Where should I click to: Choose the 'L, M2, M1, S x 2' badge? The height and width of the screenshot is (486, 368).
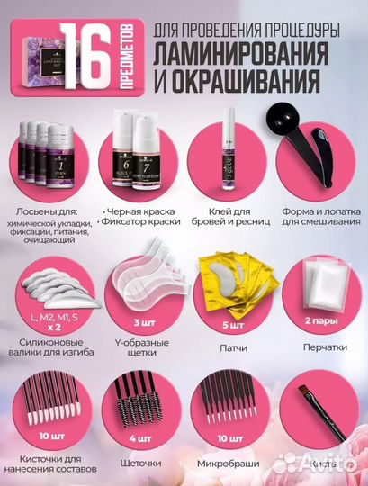[49, 317]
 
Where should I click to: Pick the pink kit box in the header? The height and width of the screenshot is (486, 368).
[32, 41]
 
